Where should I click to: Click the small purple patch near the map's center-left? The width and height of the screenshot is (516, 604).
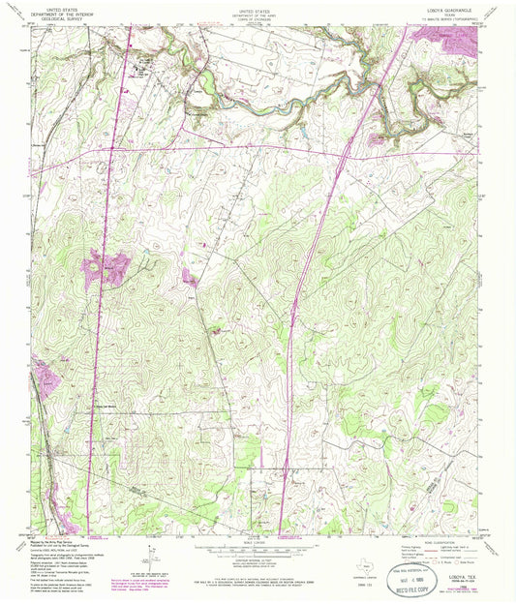[x=189, y=280]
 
